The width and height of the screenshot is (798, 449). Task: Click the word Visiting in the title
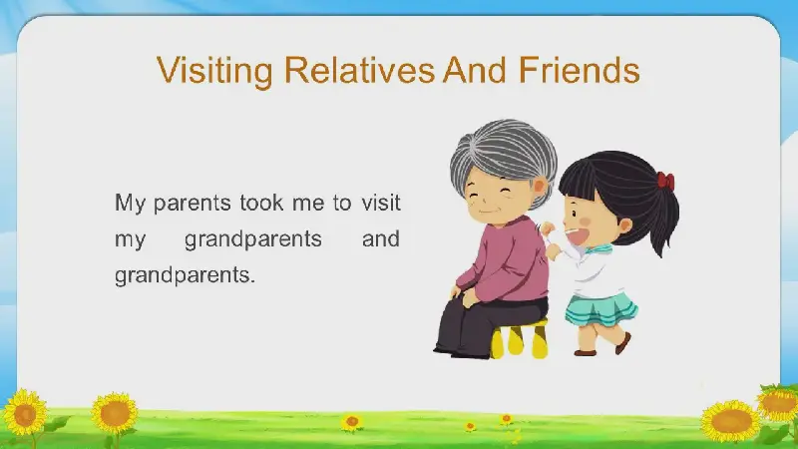[x=214, y=71]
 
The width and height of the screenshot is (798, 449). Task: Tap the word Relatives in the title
[x=359, y=70]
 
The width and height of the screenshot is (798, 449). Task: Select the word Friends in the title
[x=580, y=70]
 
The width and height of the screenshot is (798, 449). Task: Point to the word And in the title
[x=475, y=70]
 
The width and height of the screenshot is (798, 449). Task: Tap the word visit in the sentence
[x=381, y=203]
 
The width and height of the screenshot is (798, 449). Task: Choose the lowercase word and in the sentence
[x=381, y=238]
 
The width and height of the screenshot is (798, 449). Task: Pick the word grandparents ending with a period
[x=185, y=276]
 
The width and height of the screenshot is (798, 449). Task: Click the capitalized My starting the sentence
[x=130, y=204]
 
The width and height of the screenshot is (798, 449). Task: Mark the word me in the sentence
[x=308, y=205]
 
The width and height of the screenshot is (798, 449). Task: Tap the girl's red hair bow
[x=665, y=182]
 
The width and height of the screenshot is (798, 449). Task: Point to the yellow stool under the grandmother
[x=519, y=338]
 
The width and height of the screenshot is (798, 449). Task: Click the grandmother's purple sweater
[x=507, y=260]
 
